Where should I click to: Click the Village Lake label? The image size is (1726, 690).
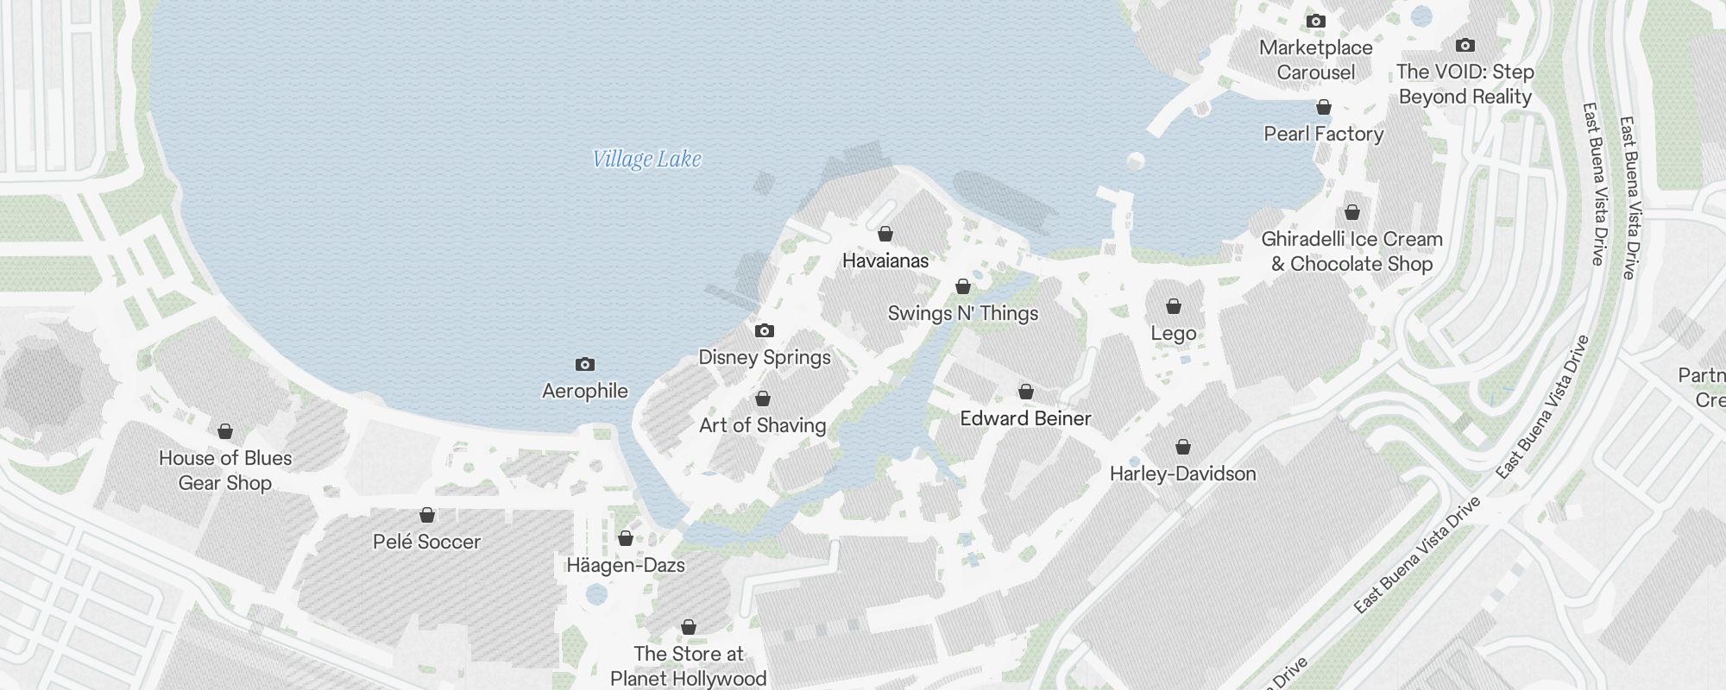[646, 160]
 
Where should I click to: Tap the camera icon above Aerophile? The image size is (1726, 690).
[585, 364]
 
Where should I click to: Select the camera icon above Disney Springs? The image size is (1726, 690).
[765, 330]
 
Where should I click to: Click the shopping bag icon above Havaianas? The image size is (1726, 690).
[885, 234]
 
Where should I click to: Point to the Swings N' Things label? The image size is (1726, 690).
[963, 313]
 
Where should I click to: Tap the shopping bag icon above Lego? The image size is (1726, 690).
[1174, 306]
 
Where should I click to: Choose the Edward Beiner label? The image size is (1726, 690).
[1025, 418]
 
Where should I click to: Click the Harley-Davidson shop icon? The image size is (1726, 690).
[1183, 447]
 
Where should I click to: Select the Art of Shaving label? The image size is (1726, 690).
[762, 425]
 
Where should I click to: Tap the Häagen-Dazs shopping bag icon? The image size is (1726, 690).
[626, 538]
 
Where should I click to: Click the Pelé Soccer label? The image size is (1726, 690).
[426, 542]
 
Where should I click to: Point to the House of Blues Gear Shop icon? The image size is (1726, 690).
[225, 431]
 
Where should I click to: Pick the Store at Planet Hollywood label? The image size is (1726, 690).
[688, 666]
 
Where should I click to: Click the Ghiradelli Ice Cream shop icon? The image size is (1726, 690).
[1352, 212]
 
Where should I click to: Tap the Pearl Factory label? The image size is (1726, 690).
[1323, 134]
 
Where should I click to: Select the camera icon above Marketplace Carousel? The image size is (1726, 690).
[1316, 21]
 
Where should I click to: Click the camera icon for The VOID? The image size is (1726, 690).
[1465, 45]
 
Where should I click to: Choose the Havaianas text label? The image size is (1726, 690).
[885, 260]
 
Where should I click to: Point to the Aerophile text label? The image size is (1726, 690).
[585, 391]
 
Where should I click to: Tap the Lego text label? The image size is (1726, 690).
[1174, 333]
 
